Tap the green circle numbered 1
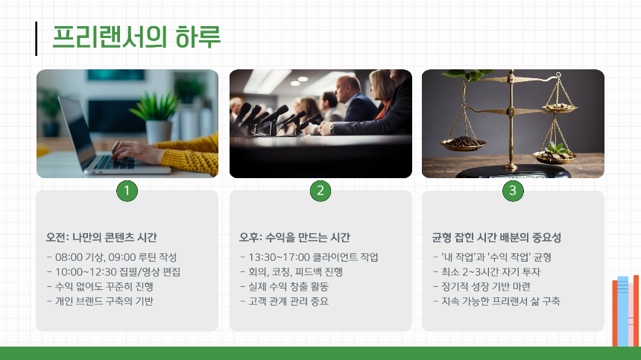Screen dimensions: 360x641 (x=127, y=191)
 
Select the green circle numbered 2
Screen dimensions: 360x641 (x=320, y=191)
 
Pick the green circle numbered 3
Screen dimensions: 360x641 (x=513, y=191)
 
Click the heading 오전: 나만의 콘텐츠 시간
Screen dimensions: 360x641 (x=101, y=238)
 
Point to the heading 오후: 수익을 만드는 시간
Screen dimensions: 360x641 (x=294, y=238)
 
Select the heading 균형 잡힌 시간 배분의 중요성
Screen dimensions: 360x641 (x=496, y=238)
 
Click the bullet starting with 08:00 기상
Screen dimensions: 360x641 (x=112, y=257)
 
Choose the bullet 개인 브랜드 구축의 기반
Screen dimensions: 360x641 (x=104, y=301)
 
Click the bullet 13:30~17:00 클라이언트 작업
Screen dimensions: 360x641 (x=309, y=257)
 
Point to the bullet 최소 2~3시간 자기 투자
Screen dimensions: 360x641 (x=487, y=271)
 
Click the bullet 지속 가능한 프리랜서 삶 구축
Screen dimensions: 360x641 (x=496, y=301)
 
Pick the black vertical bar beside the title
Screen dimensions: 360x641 (x=37, y=39)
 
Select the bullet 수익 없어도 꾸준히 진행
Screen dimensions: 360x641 (x=104, y=286)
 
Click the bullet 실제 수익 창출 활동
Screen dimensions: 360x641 (x=287, y=286)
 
